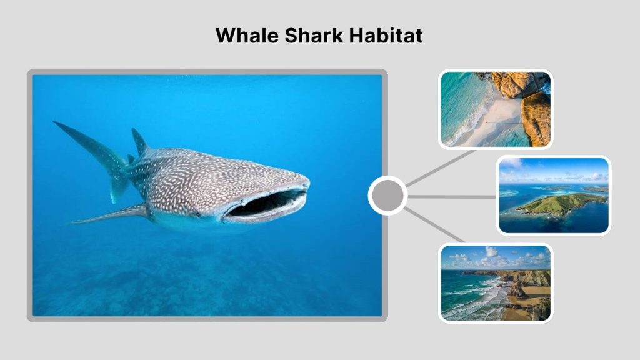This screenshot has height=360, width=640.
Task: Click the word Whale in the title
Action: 246,35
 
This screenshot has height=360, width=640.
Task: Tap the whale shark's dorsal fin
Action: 139,142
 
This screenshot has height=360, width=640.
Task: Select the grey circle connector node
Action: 387,196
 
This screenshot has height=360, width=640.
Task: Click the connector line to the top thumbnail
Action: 440,167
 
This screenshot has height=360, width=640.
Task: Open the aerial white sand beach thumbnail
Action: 495,109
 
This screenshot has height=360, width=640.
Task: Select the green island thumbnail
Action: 554,195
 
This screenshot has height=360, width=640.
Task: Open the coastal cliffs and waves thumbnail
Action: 495,282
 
